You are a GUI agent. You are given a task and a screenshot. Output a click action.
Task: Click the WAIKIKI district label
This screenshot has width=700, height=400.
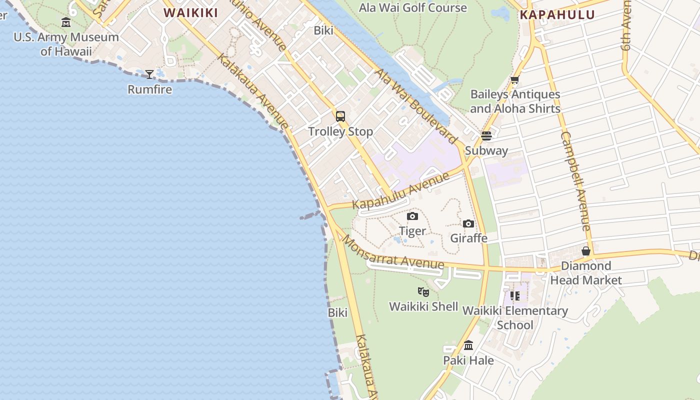[x=190, y=13]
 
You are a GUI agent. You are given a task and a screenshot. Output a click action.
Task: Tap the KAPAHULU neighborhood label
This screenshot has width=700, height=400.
[x=557, y=14]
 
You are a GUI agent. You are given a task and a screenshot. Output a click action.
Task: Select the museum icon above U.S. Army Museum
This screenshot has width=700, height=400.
[x=66, y=22]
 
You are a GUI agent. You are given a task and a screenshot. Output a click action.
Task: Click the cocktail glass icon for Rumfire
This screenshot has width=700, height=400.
[x=149, y=74]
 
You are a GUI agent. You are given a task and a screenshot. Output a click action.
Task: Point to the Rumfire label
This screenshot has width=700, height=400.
[x=149, y=89]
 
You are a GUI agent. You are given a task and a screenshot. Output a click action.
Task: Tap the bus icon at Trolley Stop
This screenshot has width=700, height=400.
[x=340, y=116]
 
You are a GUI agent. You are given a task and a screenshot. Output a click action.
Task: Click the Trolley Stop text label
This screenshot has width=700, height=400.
[x=340, y=131]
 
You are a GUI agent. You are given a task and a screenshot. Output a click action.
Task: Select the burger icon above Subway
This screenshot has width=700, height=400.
[x=486, y=135]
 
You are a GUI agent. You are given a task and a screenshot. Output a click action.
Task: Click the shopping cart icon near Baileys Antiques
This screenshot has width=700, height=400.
[x=514, y=79]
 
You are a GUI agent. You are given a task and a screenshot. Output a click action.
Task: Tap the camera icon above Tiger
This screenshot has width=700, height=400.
[x=412, y=216]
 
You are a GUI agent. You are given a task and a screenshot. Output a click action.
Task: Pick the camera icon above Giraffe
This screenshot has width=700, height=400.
[x=468, y=223]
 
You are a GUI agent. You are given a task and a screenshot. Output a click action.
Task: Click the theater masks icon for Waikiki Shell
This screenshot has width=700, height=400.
[x=423, y=291]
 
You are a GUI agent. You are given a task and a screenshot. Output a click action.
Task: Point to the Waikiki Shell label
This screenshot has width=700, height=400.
[x=423, y=306]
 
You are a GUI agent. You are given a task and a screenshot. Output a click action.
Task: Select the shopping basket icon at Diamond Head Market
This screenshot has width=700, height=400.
[x=586, y=251]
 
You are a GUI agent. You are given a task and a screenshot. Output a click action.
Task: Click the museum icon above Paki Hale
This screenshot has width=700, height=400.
[x=468, y=345]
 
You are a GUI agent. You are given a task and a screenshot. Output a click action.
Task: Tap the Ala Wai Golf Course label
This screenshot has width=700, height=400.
[x=413, y=7]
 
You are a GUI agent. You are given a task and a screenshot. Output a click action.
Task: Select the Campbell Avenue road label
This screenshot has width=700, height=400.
[x=576, y=181]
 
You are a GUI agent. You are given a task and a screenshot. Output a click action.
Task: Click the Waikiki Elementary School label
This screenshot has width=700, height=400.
[x=515, y=317]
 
